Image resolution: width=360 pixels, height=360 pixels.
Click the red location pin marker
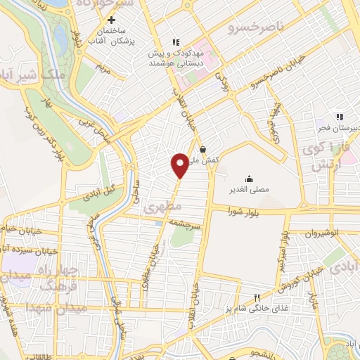(180, 165)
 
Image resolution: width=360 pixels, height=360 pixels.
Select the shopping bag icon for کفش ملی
(203, 149)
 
